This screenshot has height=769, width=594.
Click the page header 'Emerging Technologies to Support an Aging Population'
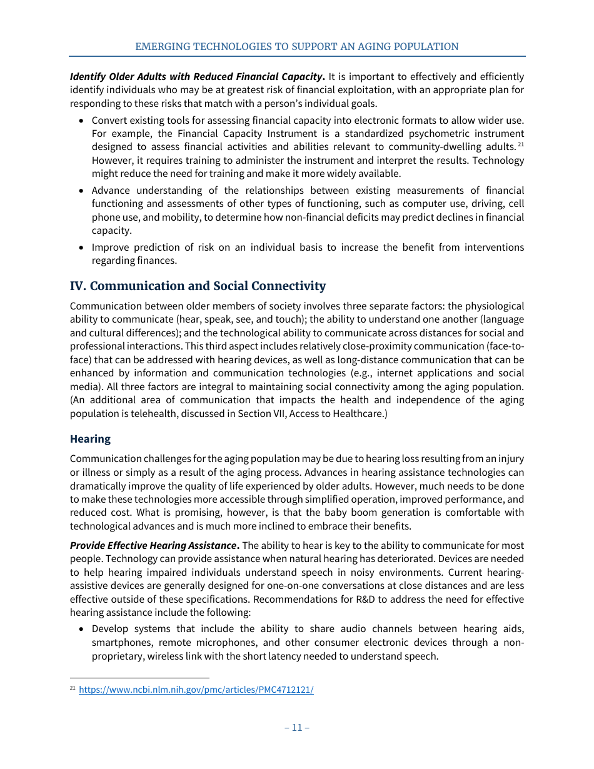pos(297,47)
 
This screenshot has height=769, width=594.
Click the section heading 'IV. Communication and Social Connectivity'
pos(198,286)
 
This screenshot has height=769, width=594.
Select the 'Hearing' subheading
pos(90,439)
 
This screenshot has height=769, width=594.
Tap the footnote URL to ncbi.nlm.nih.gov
pos(196,690)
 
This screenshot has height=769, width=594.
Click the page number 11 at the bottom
pos(297,728)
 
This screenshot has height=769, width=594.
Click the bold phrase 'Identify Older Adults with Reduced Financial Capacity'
pos(196,77)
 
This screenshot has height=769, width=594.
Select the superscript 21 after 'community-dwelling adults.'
pos(520,145)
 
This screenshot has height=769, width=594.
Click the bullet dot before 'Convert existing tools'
pos(81,120)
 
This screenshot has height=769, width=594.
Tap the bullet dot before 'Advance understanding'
pos(81,191)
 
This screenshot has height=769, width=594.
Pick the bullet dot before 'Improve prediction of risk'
pos(81,248)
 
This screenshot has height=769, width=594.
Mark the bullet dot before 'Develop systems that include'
pos(81,630)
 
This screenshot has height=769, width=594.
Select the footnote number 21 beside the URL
pos(73,688)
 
